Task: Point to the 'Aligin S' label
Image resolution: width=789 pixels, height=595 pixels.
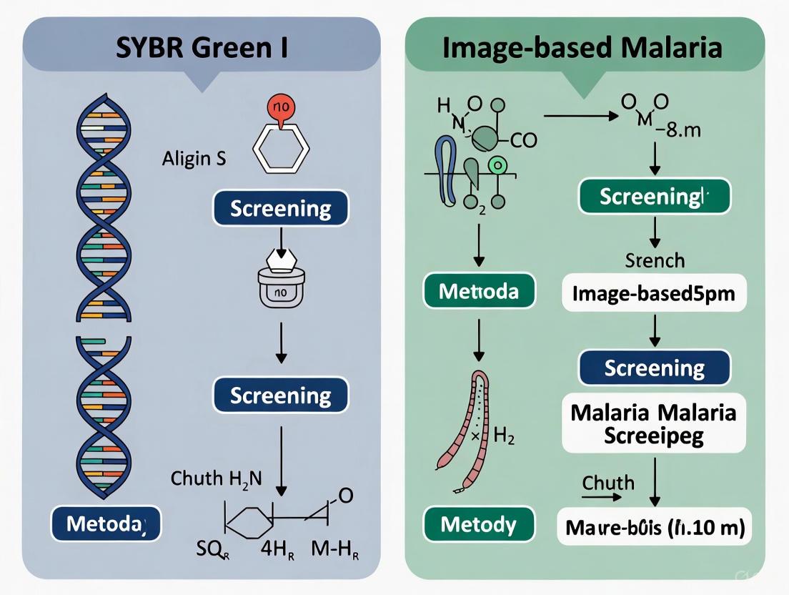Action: point(194,158)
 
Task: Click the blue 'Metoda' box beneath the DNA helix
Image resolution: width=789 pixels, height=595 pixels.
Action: point(105,523)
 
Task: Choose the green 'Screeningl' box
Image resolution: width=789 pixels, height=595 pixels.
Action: point(654,196)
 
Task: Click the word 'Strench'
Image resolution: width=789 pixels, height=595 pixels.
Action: point(654,260)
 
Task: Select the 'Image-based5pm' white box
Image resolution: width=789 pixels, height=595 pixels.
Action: point(654,292)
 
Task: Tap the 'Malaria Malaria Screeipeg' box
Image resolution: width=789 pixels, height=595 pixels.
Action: point(654,423)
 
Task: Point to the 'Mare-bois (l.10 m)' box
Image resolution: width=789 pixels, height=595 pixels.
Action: point(654,529)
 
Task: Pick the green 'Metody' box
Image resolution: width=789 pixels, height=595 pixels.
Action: point(478,525)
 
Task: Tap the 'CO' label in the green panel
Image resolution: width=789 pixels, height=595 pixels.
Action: point(523,140)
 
